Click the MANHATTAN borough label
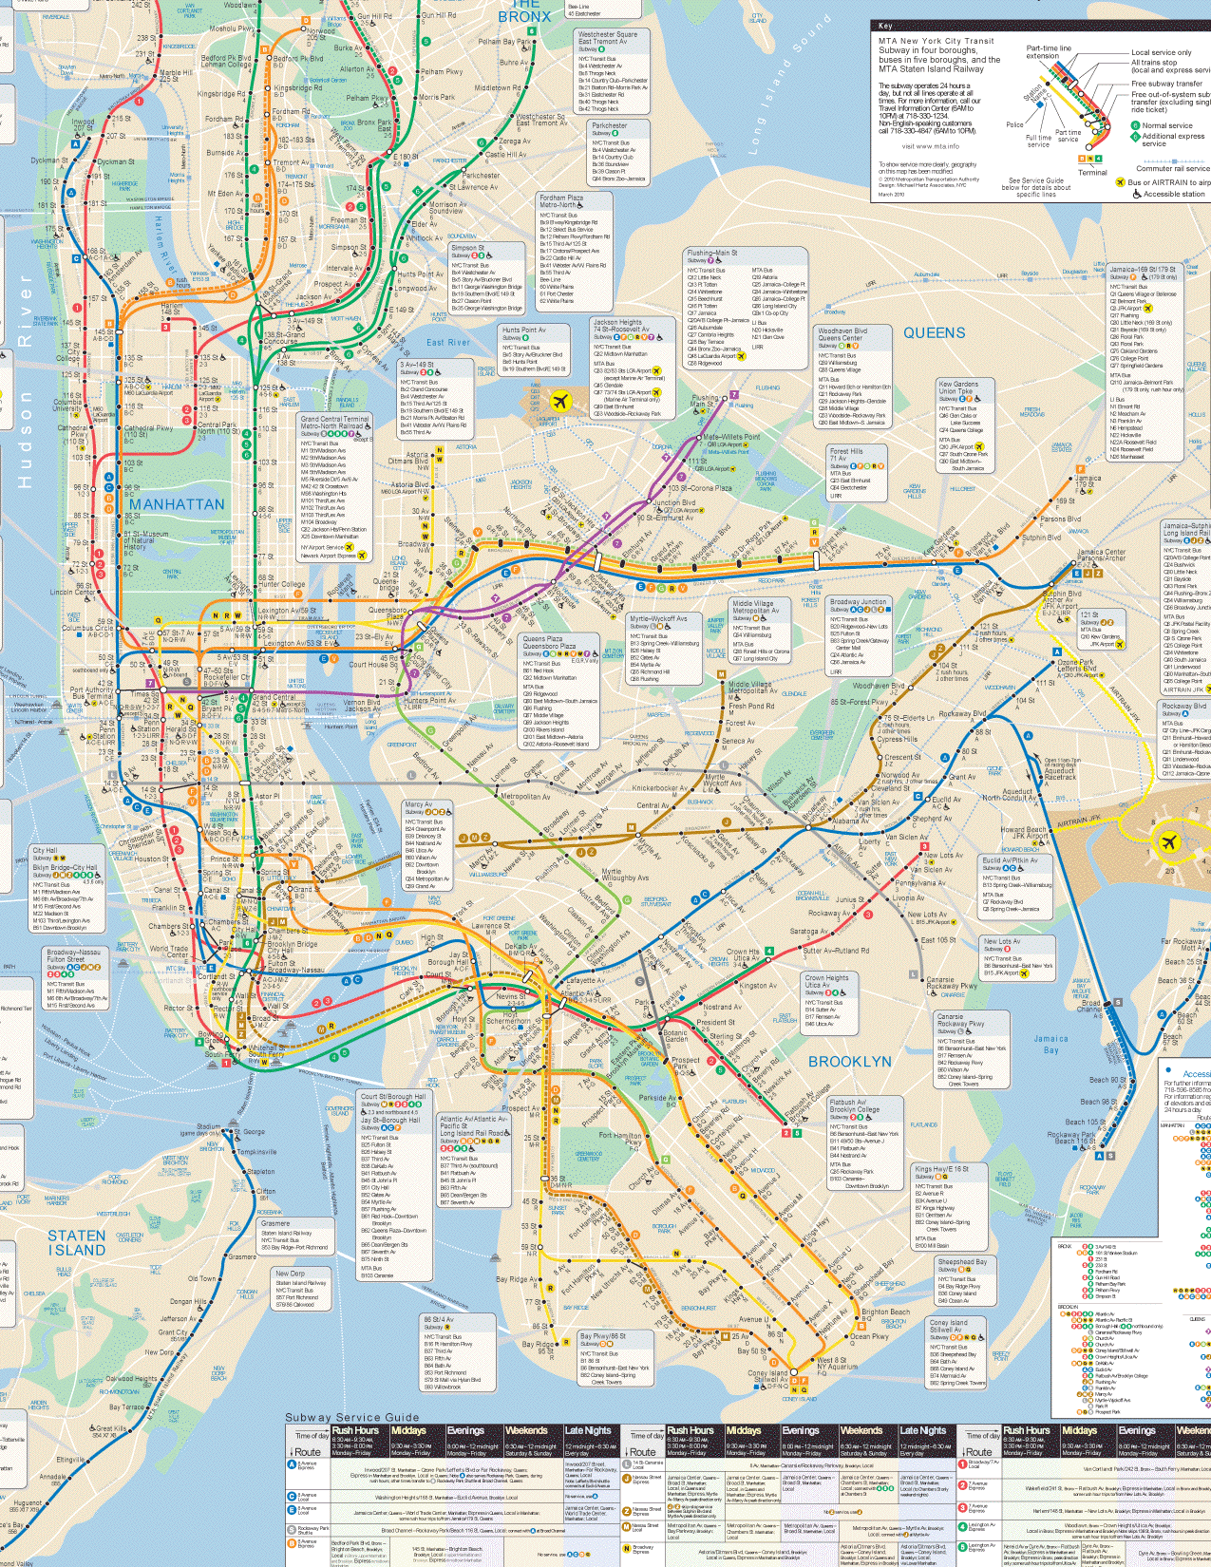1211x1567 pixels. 177,504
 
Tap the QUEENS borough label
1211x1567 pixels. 934,333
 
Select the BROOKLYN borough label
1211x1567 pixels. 849,1062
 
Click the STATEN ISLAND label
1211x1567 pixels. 77,1243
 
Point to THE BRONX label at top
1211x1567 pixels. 524,11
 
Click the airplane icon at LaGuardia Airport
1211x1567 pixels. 560,401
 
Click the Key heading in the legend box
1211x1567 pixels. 885,26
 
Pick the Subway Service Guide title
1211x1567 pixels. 351,1417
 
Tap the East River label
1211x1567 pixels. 447,343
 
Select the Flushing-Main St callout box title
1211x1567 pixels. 712,254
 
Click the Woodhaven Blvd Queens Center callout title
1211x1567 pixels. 842,334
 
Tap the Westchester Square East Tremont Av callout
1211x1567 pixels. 608,38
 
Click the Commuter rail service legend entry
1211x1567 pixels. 1172,169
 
